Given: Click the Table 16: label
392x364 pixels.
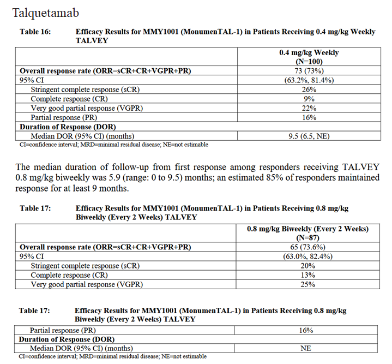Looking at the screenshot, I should tap(35, 32).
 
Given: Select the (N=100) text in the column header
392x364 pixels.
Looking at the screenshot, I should tap(309, 62).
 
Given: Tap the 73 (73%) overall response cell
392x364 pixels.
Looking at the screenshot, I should tap(309, 71).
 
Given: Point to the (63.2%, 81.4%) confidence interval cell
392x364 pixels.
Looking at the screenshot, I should tap(309, 80).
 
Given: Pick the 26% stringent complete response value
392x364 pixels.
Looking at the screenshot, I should tap(309, 89).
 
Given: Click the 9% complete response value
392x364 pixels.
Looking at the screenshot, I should tap(309, 99).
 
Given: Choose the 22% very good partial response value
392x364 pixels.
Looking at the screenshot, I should tap(309, 108).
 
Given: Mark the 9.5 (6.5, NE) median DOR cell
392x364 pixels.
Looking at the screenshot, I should tap(309, 136).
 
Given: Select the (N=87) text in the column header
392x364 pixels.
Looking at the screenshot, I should tap(309, 238).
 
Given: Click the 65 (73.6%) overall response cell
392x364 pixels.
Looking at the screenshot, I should tap(309, 247).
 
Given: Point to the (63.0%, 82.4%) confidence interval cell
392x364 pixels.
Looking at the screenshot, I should tap(309, 256).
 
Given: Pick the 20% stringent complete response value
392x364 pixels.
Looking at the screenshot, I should tap(309, 266).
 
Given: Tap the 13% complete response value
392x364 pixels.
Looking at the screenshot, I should tap(309, 275).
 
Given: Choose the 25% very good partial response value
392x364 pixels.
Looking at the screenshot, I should tap(309, 284).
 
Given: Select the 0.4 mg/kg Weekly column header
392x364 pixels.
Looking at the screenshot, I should tap(309, 53).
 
